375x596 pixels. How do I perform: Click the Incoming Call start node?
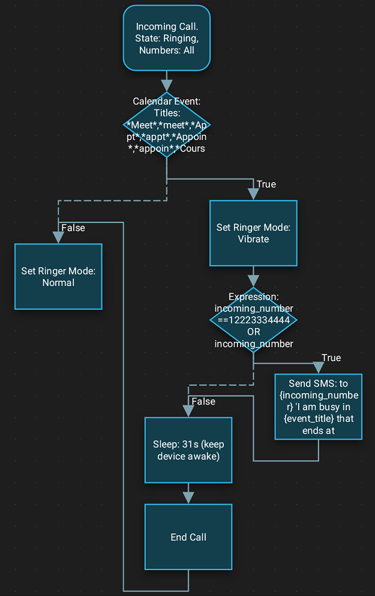[x=167, y=38]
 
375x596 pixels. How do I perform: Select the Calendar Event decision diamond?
[x=167, y=125]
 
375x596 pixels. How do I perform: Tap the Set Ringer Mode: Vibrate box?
[x=253, y=233]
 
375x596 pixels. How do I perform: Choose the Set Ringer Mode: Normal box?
[x=58, y=276]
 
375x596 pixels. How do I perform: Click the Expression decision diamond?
[x=253, y=320]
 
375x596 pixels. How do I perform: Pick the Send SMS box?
[x=318, y=407]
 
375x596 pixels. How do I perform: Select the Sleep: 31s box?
[x=188, y=450]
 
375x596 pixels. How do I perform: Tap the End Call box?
[x=188, y=537]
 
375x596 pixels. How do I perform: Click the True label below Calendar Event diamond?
[x=266, y=184]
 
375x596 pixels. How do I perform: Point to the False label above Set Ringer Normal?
[x=73, y=228]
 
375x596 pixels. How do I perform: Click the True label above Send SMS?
[x=331, y=357]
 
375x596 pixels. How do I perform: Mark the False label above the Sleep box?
[x=203, y=401]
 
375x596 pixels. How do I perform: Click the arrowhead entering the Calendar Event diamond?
[x=167, y=85]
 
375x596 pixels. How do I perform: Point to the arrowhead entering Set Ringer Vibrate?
[x=253, y=194]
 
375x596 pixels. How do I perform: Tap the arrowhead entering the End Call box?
[x=188, y=497]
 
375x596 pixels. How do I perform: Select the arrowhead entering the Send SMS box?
[x=318, y=368]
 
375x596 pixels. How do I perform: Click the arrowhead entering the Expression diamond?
[x=253, y=281]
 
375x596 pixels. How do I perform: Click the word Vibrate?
[x=253, y=239]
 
